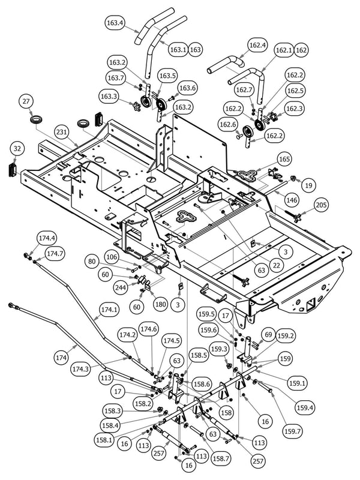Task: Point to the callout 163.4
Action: click(114, 23)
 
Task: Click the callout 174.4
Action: click(47, 238)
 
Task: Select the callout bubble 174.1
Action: click(109, 310)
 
